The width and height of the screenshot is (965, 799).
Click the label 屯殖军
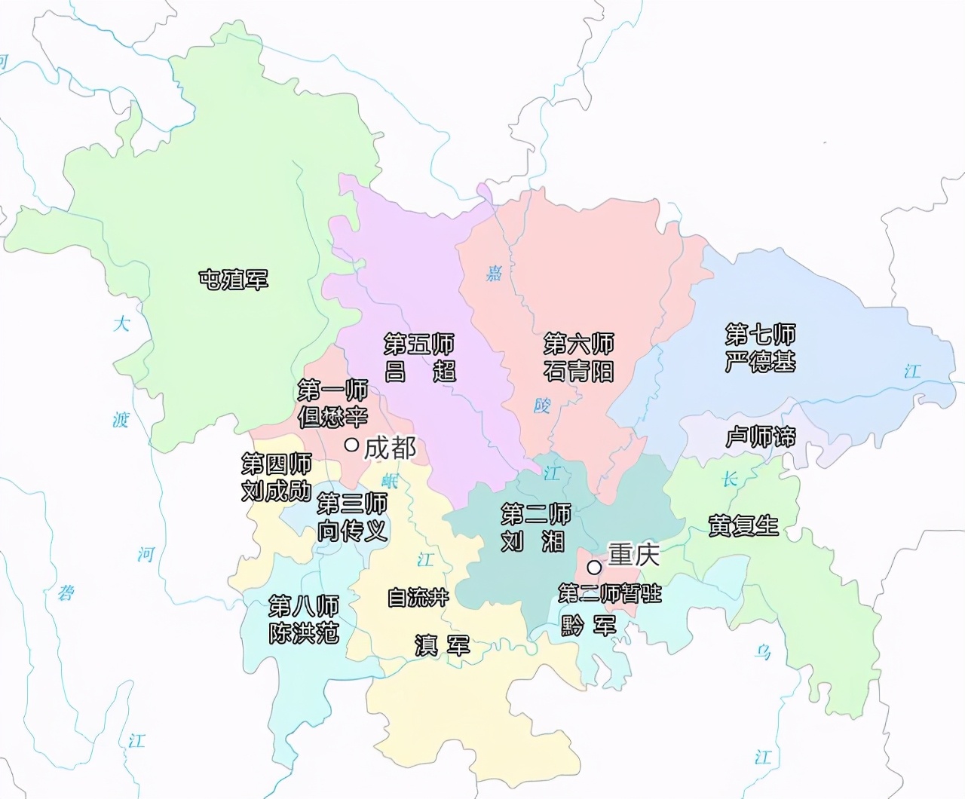[x=233, y=280]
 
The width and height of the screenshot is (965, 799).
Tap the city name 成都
[x=390, y=448]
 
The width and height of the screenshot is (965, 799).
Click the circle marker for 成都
[x=351, y=445]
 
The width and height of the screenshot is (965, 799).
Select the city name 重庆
[x=634, y=556]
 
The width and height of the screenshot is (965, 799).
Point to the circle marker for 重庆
[x=595, y=566]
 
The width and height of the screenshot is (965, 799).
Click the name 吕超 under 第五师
[x=419, y=371]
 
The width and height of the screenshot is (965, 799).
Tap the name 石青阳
[x=578, y=371]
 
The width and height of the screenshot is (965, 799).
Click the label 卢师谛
[x=760, y=436]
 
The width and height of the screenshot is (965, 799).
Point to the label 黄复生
[x=743, y=525]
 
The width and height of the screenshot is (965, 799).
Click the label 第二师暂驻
[x=609, y=593]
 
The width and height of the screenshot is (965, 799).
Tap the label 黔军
[x=588, y=625]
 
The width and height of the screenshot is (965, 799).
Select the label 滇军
[x=443, y=645]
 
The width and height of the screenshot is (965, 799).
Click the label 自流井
[x=418, y=598]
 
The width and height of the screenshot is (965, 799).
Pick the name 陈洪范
[x=304, y=632]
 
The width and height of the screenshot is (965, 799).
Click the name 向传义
[x=352, y=530]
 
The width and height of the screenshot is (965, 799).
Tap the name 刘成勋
[x=276, y=491]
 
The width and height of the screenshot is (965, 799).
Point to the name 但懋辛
[x=332, y=417]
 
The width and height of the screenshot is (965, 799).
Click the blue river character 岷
[x=389, y=480]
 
